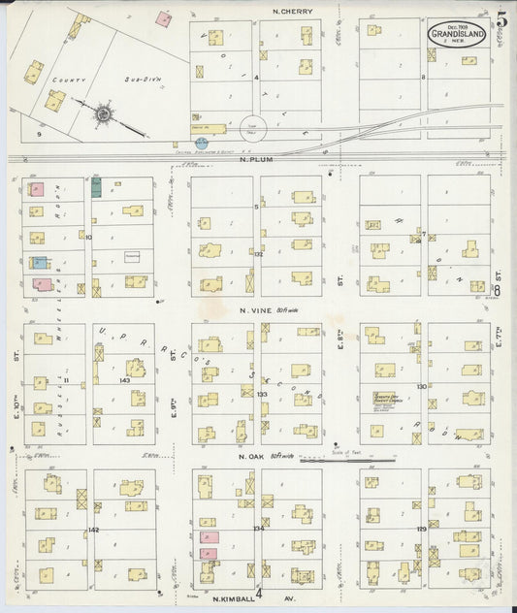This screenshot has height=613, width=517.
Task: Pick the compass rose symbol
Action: pos(102,114)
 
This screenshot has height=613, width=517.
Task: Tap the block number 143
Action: pos(124,380)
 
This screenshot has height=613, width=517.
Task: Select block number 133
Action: pos(261,394)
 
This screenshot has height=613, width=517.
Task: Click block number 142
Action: pos(93,531)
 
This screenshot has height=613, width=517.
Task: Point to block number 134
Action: pos(258,529)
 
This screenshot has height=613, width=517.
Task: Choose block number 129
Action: pos(422,529)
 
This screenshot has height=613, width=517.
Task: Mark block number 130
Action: pos(422,386)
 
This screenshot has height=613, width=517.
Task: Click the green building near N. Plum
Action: pos(97,188)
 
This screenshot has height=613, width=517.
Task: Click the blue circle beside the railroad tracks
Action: pos(202,143)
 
